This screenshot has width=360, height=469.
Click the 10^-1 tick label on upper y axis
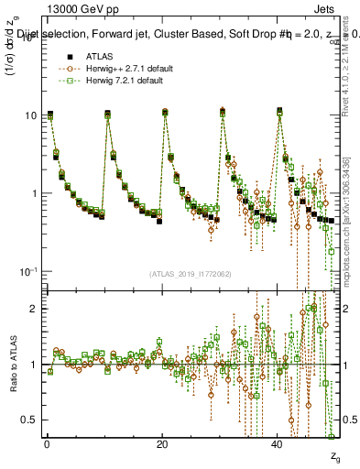coord(29,271)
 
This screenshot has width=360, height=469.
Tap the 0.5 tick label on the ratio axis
coord(31,420)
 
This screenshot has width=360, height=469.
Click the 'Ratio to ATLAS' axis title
coord(12,364)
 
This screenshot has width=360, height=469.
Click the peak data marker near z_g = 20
coord(165,112)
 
